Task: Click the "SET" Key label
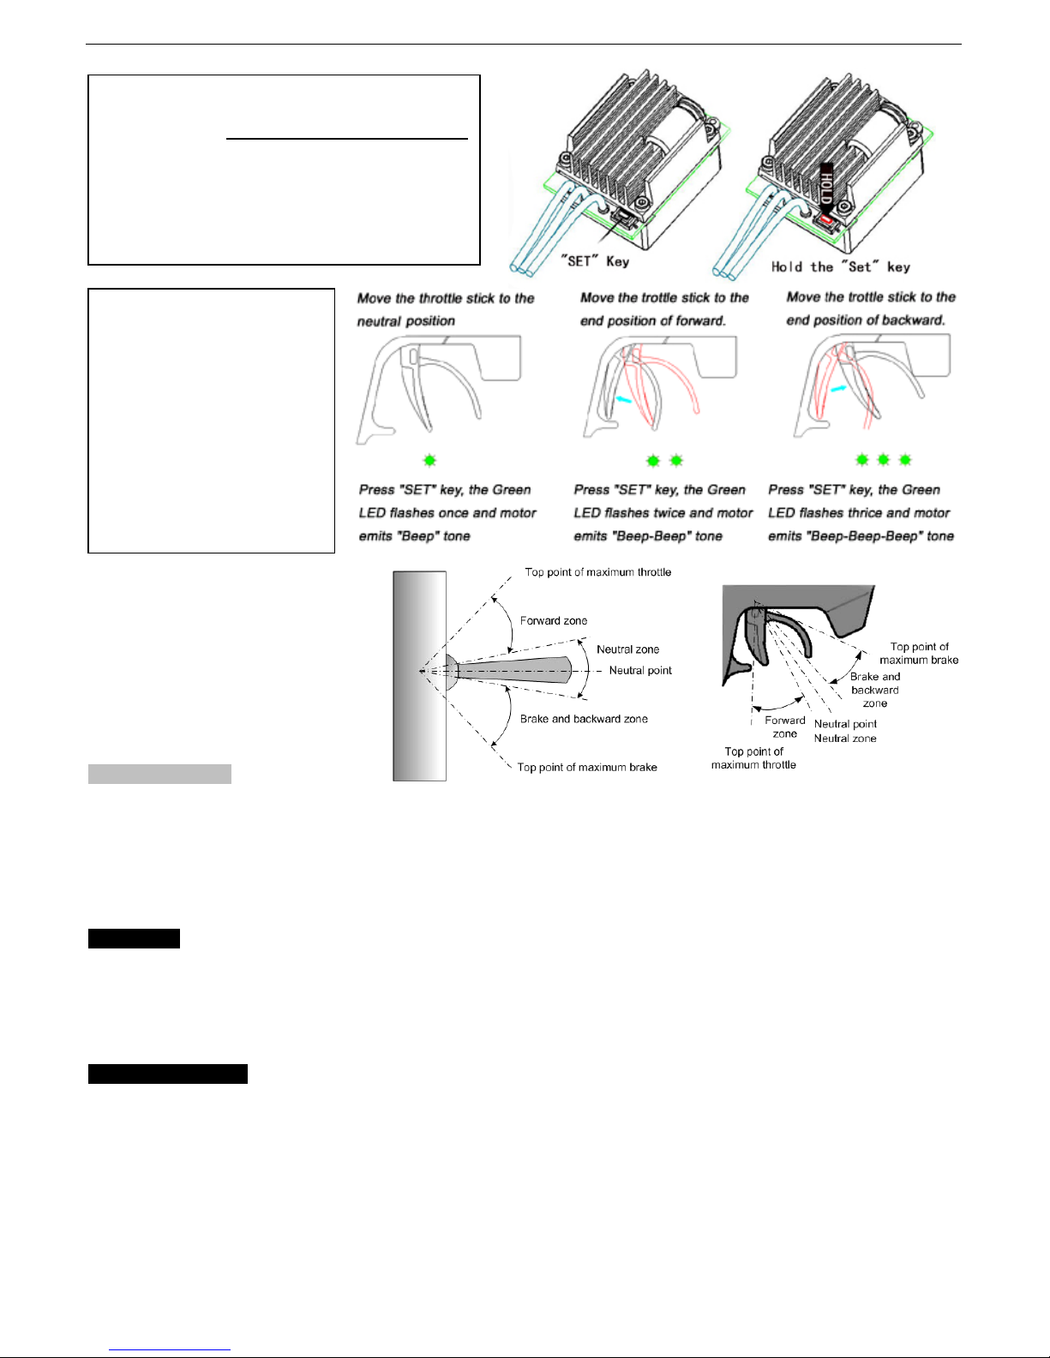click(594, 261)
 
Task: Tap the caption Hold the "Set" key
click(841, 266)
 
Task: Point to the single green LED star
click(429, 461)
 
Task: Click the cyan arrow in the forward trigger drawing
click(623, 398)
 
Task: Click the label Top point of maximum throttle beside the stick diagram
click(598, 571)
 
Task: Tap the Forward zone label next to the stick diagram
click(554, 620)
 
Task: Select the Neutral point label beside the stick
click(640, 670)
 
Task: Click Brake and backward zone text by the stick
click(584, 719)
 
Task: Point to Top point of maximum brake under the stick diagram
click(587, 767)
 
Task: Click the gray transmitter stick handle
click(513, 670)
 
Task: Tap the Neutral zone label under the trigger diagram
click(845, 738)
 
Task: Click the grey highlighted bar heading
click(159, 774)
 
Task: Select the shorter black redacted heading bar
click(134, 939)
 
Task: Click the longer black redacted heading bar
click(167, 1074)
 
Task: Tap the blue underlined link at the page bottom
click(170, 1350)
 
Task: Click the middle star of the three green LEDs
click(883, 460)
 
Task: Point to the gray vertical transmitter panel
click(419, 676)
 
